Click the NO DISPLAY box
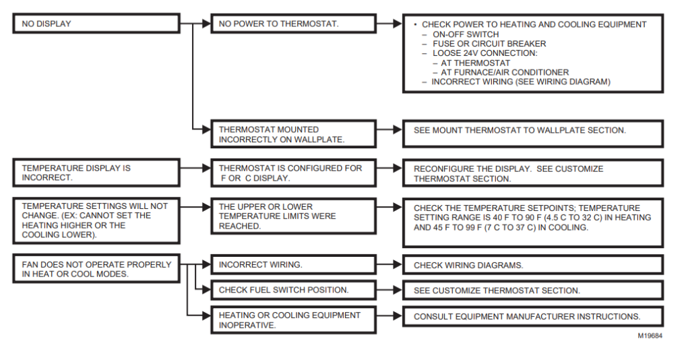tap(96, 24)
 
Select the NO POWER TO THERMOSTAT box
tap(292, 24)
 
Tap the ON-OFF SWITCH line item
tap(466, 34)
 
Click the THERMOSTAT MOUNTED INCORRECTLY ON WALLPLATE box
tap(292, 134)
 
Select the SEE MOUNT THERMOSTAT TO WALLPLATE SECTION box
tap(532, 130)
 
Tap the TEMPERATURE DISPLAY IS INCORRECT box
tap(96, 173)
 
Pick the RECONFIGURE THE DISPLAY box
tap(532, 173)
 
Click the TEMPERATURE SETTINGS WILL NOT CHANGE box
tap(96, 220)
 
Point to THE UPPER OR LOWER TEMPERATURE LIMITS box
tap(292, 216)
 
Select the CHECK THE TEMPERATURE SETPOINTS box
tap(532, 218)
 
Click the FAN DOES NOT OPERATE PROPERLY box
tap(96, 269)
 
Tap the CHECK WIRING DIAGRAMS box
tap(532, 265)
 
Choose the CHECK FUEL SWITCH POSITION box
tap(292, 291)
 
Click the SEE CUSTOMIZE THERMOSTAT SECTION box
tap(532, 291)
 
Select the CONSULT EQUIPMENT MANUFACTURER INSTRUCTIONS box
tap(532, 316)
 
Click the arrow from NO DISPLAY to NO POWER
tap(195, 24)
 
